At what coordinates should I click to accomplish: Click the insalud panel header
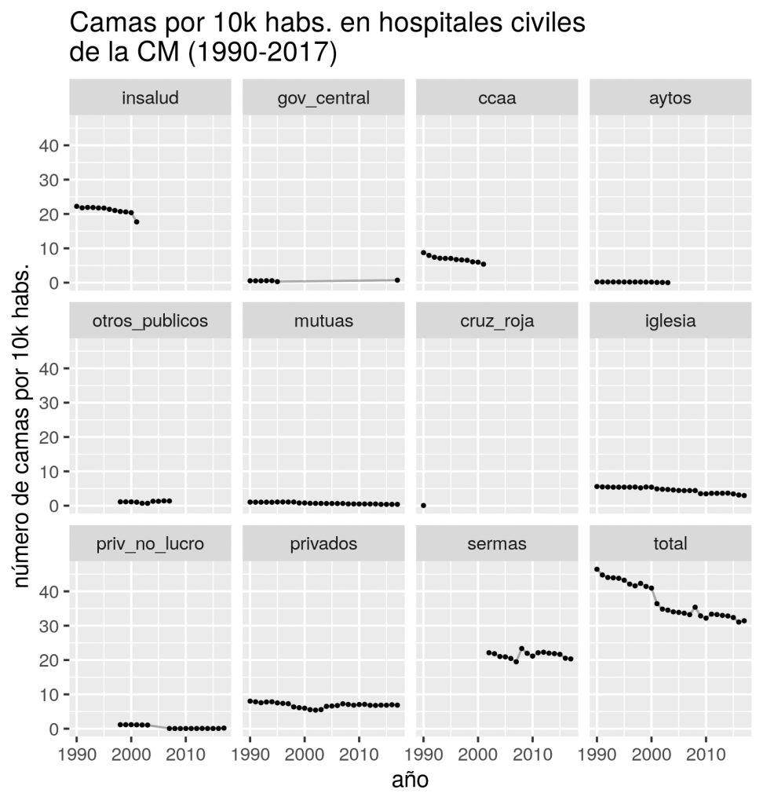[151, 98]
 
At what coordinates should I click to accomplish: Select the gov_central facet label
[324, 98]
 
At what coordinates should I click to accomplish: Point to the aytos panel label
[670, 98]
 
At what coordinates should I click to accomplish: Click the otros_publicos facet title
[151, 320]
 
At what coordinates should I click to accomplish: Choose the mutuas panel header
[324, 320]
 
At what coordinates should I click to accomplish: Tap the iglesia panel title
[670, 320]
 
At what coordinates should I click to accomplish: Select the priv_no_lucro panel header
[151, 543]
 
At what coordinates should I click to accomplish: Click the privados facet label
[324, 543]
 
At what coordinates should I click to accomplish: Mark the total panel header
[670, 543]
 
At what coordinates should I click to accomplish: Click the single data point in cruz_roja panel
[424, 506]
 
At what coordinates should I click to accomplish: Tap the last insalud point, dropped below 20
[137, 222]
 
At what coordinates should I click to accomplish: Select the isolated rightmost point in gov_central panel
[397, 280]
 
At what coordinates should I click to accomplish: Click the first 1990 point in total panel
[597, 569]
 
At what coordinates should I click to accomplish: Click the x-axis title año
[410, 780]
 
